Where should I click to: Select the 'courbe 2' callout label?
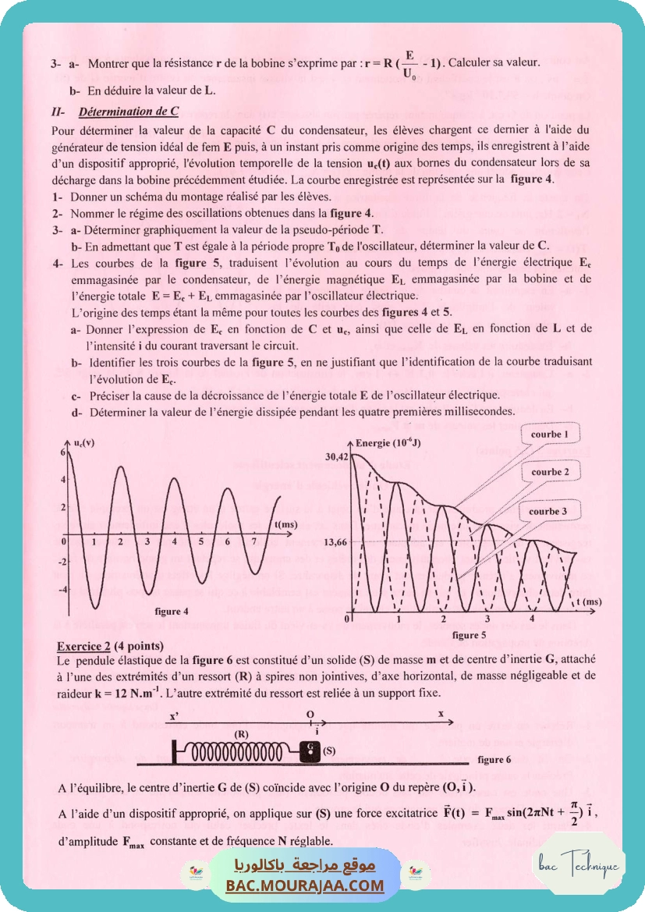(550, 472)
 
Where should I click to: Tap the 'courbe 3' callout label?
(548, 512)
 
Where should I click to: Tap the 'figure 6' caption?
(494, 758)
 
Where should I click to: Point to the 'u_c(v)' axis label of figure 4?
(86, 443)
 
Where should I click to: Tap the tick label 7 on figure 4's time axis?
(254, 541)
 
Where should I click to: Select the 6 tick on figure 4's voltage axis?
(62, 452)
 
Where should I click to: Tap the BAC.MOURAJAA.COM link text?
(305, 885)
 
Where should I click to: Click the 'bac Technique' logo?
(579, 864)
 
